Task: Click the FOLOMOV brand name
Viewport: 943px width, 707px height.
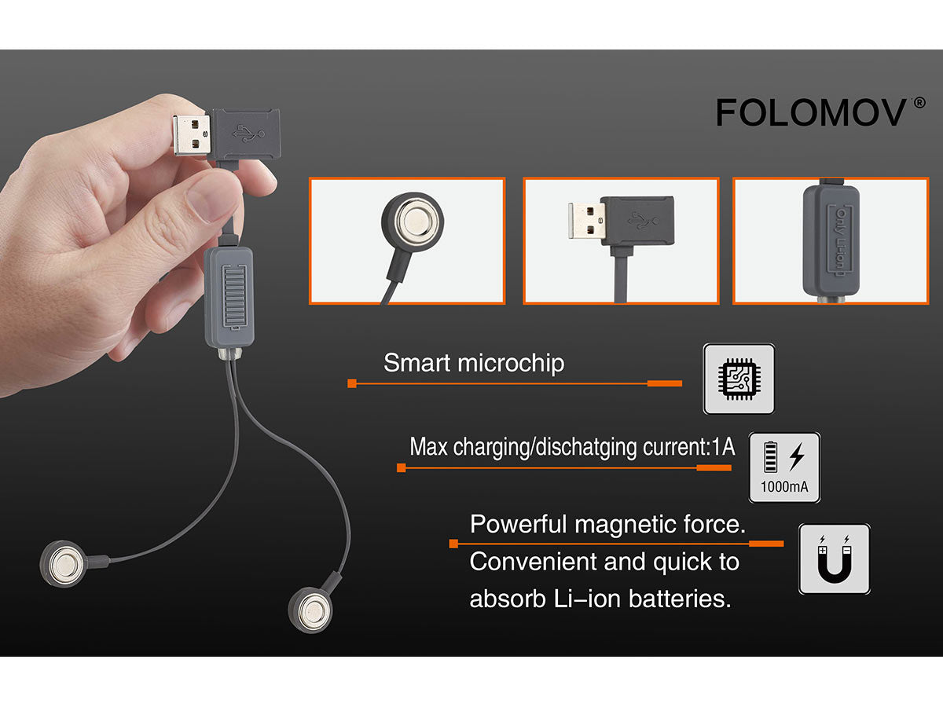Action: [811, 112]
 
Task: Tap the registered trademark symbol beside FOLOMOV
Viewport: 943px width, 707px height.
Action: [919, 104]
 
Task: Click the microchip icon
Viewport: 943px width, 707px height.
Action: [739, 379]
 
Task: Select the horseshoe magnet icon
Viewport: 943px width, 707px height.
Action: [835, 559]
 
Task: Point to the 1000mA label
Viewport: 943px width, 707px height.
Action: [784, 487]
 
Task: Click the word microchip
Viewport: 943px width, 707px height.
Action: [511, 363]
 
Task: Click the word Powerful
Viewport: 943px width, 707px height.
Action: [519, 524]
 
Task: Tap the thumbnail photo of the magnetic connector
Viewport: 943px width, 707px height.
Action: [407, 241]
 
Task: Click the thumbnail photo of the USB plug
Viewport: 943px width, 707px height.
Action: [621, 241]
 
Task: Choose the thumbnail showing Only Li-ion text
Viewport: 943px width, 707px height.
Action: [831, 241]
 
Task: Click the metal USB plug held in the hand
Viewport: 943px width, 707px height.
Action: [191, 135]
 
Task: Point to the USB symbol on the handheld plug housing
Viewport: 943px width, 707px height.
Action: [248, 134]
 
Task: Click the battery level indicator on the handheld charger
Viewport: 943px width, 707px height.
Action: [234, 297]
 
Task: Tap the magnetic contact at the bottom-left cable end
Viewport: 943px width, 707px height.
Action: [63, 563]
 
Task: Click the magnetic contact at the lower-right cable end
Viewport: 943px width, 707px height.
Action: [310, 610]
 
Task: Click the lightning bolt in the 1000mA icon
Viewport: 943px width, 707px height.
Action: [798, 456]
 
